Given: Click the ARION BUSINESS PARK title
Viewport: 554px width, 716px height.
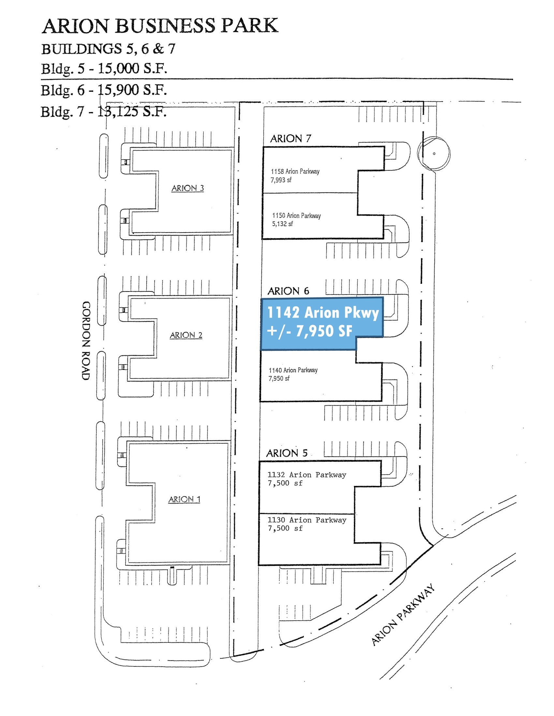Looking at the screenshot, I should pos(160,26).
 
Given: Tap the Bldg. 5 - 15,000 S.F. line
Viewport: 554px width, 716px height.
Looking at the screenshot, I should pos(104,69).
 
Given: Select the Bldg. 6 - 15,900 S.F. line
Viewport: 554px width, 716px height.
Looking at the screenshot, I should pos(104,90).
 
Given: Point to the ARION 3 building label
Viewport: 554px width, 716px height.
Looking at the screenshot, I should pos(187,188).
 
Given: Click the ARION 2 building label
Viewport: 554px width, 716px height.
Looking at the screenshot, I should pos(186,335).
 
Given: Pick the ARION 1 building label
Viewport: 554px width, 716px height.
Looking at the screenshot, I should pos(184,499).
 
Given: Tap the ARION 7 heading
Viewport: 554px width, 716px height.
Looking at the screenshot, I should pos(290,139).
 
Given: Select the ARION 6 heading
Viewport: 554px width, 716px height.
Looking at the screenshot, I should pos(288,291).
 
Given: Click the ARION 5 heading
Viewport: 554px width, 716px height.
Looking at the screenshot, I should pos(287,453).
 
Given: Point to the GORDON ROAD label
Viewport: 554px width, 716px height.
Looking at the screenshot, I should pos(86,341).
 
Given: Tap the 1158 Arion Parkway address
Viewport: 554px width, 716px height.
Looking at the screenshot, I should pos(295,171).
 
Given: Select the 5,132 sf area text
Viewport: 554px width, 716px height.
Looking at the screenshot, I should pos(282,224).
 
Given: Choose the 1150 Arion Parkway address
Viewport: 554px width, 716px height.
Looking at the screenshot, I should pos(296,216).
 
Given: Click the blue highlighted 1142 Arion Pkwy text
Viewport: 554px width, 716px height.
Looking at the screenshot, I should pos(323,312).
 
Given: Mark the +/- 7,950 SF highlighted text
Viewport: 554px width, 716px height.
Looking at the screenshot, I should pos(310,331).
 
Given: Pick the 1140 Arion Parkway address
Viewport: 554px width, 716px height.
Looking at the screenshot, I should pos(293,370).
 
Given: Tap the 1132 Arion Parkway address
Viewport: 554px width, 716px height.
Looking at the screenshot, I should pos(307,475).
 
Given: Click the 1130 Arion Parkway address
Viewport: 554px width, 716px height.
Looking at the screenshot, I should pos(307,520).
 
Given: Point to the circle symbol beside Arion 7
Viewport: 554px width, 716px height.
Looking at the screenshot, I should pos(434,153).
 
